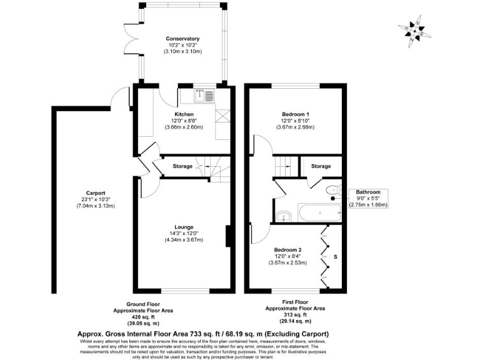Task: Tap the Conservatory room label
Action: point(182,39)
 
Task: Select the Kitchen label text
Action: point(183,114)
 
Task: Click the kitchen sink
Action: point(204,96)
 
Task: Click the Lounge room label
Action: point(183,227)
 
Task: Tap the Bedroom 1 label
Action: point(295,114)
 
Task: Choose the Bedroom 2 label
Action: point(288,249)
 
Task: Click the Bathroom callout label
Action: point(368,192)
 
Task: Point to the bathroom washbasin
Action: point(284,216)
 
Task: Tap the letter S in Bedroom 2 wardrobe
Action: point(335,256)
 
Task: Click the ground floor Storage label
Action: point(182,166)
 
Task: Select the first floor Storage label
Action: point(321,166)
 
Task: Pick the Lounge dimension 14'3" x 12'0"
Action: point(183,234)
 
